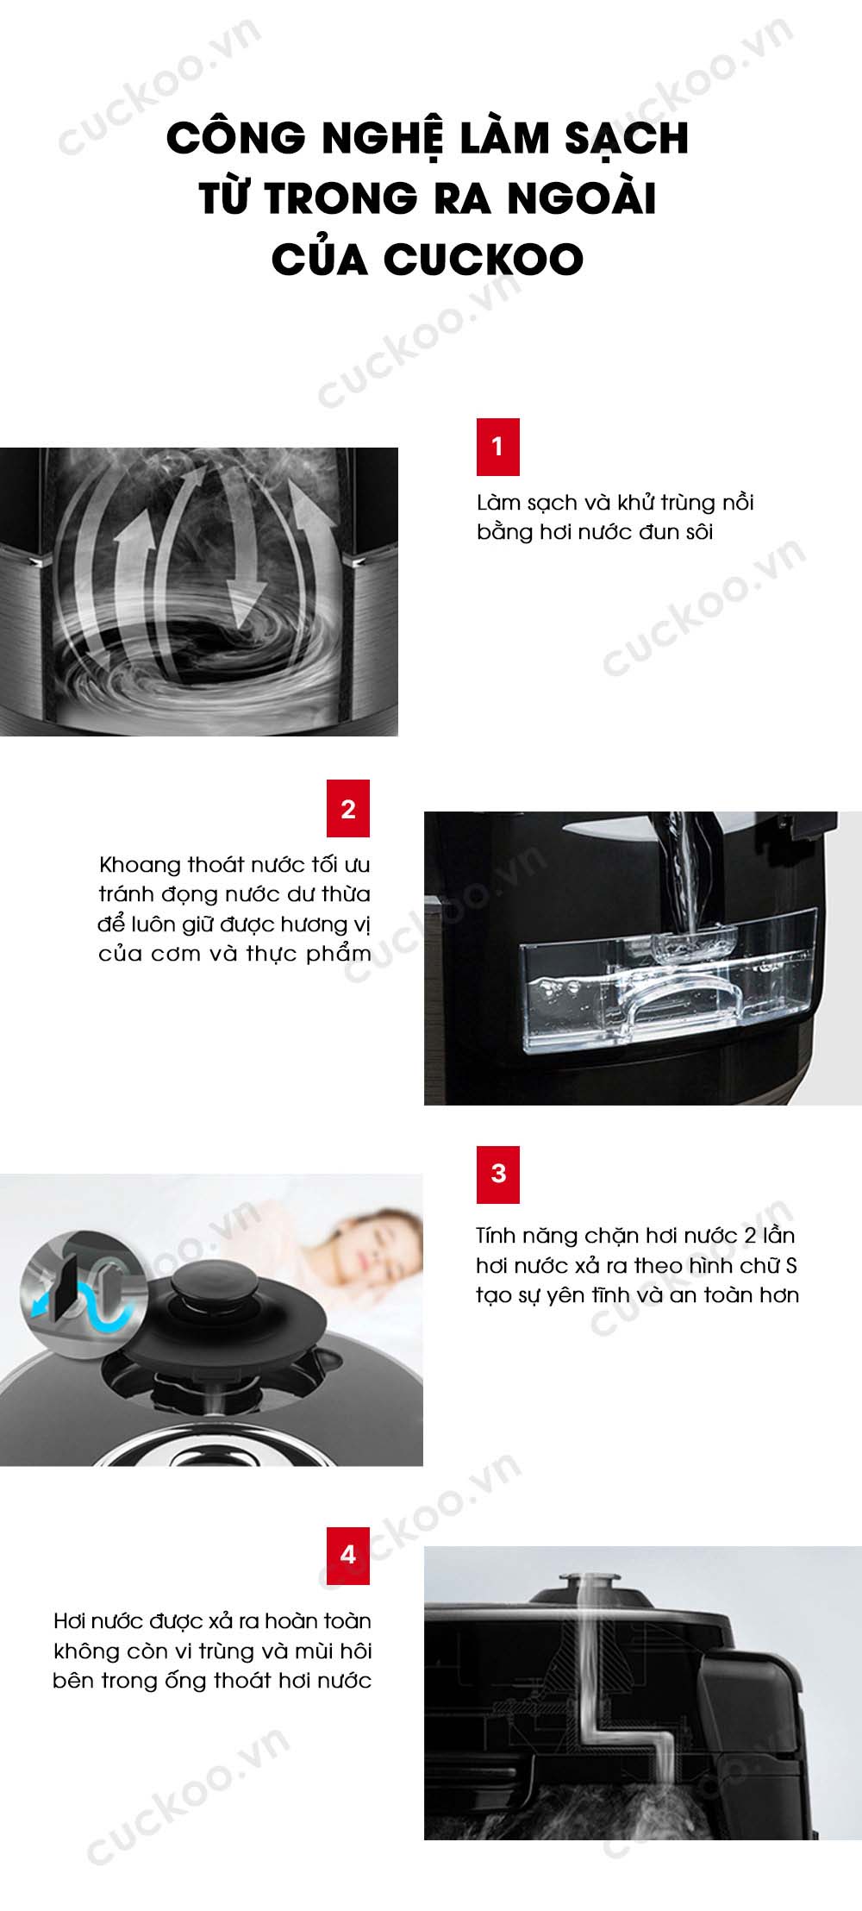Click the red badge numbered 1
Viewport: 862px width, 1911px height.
(x=498, y=447)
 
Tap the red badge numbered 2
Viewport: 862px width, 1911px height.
(x=348, y=808)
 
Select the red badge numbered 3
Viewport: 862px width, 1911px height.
(x=498, y=1174)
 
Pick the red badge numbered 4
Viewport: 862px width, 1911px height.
(x=348, y=1555)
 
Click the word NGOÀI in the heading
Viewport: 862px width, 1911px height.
(x=582, y=198)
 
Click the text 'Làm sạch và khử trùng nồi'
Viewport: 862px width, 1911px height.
(x=615, y=503)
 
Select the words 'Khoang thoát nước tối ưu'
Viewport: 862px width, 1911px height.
(x=234, y=865)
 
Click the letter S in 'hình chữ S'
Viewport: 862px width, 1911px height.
(x=791, y=1266)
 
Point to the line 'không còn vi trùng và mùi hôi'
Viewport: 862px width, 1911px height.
(x=213, y=1651)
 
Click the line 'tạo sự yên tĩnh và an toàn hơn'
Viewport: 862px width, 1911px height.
(x=638, y=1295)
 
